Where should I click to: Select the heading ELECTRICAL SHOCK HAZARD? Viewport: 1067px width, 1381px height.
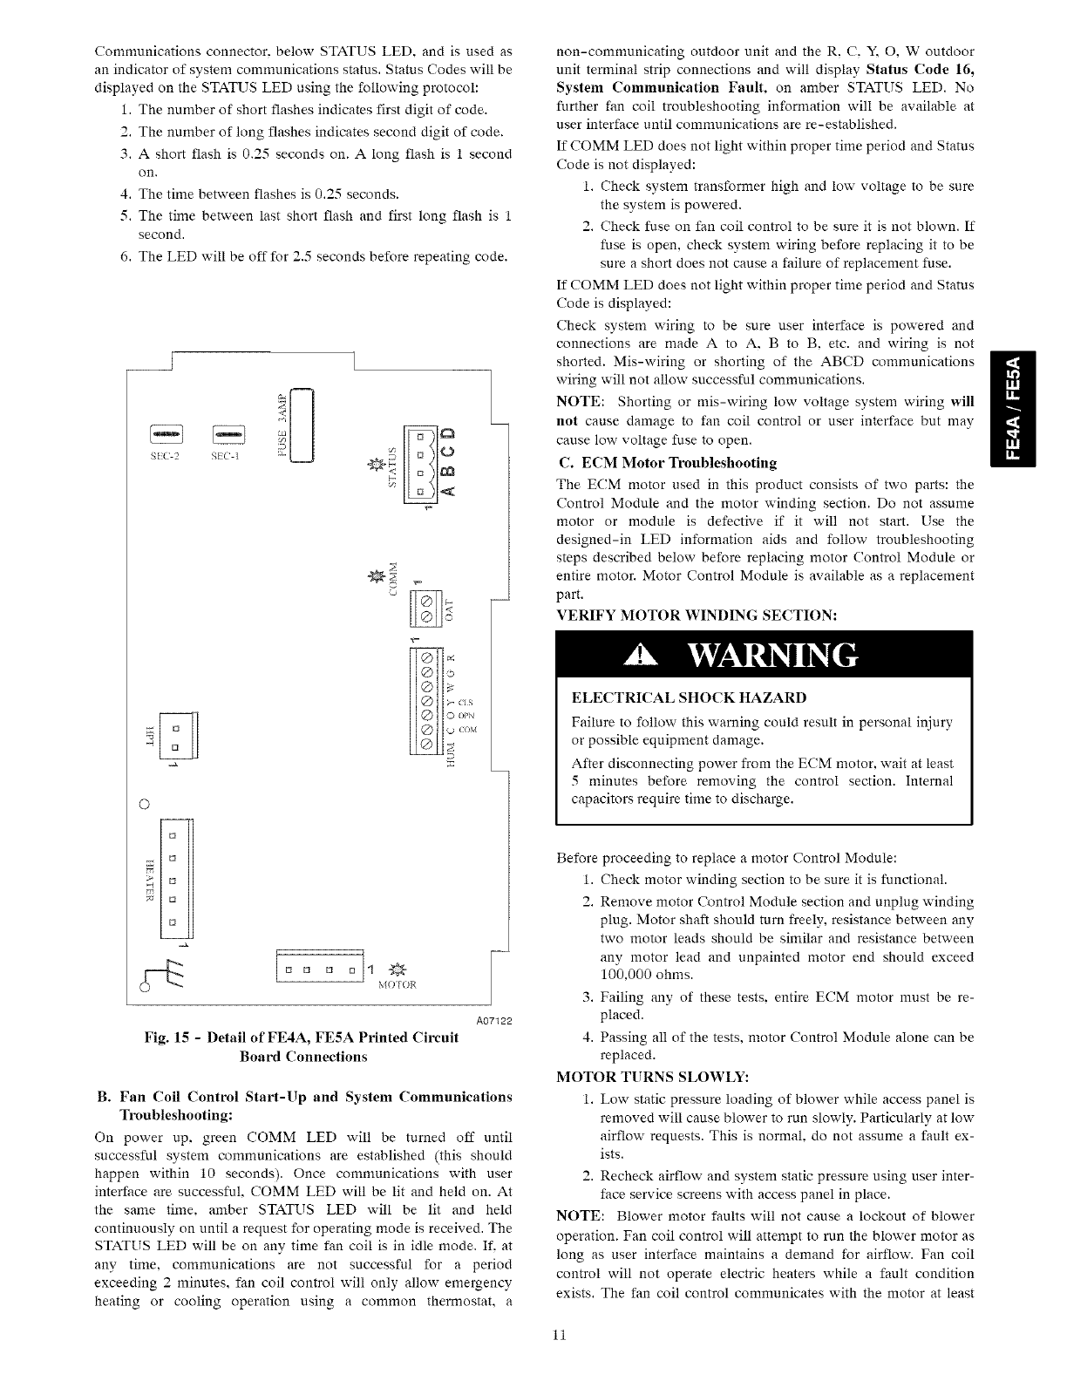689,698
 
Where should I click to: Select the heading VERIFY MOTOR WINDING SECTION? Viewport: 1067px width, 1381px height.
697,615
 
